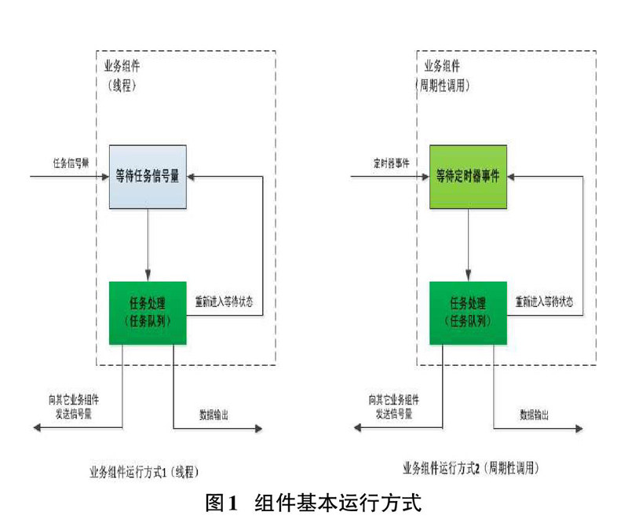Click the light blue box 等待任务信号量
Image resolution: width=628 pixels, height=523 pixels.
(x=148, y=177)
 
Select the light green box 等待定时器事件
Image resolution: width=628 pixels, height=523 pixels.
(x=468, y=177)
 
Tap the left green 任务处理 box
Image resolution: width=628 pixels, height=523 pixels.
(x=148, y=313)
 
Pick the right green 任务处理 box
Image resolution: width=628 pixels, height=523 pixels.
(x=468, y=313)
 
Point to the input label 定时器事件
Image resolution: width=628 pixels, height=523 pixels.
(x=392, y=164)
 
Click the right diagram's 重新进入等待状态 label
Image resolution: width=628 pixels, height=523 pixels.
(x=543, y=302)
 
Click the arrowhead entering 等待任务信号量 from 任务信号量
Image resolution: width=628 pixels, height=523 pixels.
(x=103, y=177)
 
